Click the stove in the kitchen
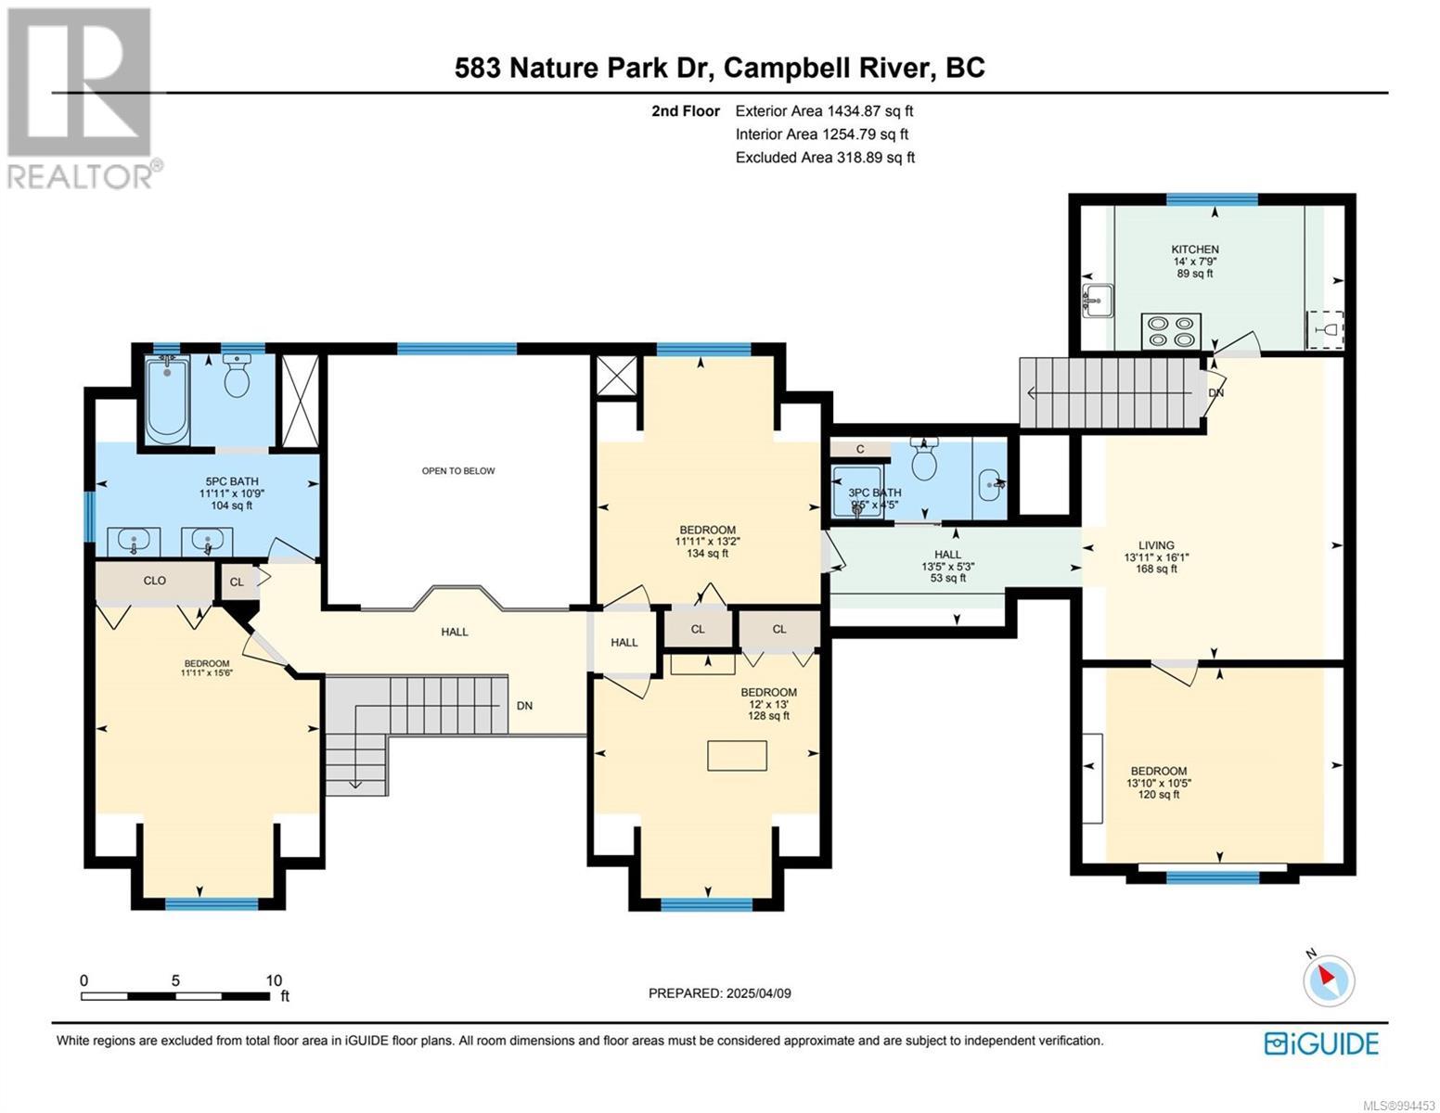pyautogui.click(x=1171, y=331)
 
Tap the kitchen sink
pyautogui.click(x=1098, y=301)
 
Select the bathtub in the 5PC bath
pyautogui.click(x=167, y=399)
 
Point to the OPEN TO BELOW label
pyautogui.click(x=458, y=471)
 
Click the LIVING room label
pyautogui.click(x=1156, y=545)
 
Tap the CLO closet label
pyautogui.click(x=154, y=581)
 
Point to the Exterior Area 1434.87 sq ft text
pyautogui.click(x=824, y=111)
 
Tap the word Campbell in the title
pyautogui.click(x=786, y=69)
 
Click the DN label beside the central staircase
pyautogui.click(x=524, y=706)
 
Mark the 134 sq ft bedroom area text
pyautogui.click(x=707, y=554)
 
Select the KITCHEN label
pyautogui.click(x=1195, y=249)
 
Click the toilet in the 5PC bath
pyautogui.click(x=237, y=375)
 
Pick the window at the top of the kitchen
pyautogui.click(x=1212, y=199)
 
